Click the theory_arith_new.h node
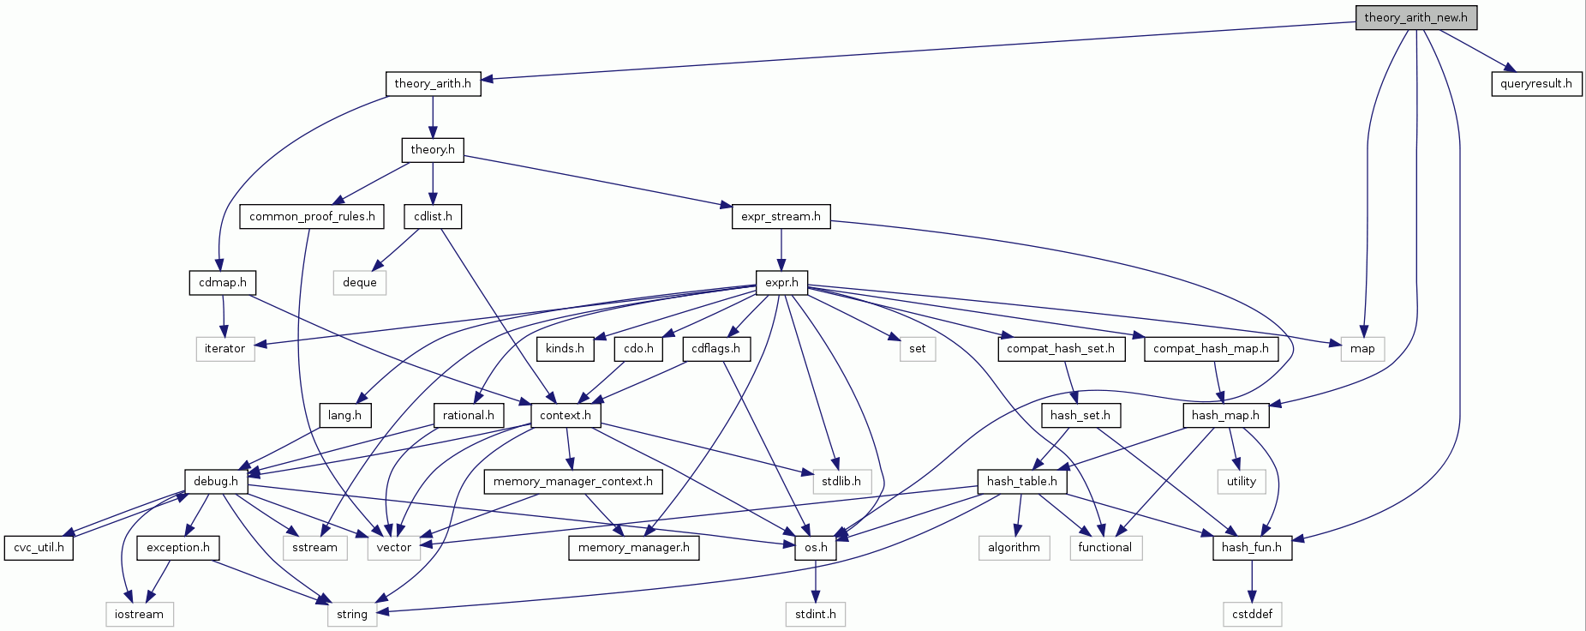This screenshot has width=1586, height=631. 1415,18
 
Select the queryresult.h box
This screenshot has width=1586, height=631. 1535,84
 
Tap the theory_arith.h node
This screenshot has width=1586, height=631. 433,84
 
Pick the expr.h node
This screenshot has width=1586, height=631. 781,283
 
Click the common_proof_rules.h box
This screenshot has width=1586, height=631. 312,217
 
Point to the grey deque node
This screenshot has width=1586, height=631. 360,283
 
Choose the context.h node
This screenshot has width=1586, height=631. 566,416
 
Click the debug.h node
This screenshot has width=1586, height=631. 216,482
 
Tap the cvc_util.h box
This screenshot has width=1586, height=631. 39,548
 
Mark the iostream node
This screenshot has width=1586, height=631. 139,615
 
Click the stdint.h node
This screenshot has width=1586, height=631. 816,615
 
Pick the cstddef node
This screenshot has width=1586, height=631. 1252,615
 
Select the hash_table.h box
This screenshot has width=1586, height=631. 1022,482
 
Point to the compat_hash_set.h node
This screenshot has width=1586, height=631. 1061,349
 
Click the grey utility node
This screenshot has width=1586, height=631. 1241,482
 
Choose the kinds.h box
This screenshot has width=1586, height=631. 565,349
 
